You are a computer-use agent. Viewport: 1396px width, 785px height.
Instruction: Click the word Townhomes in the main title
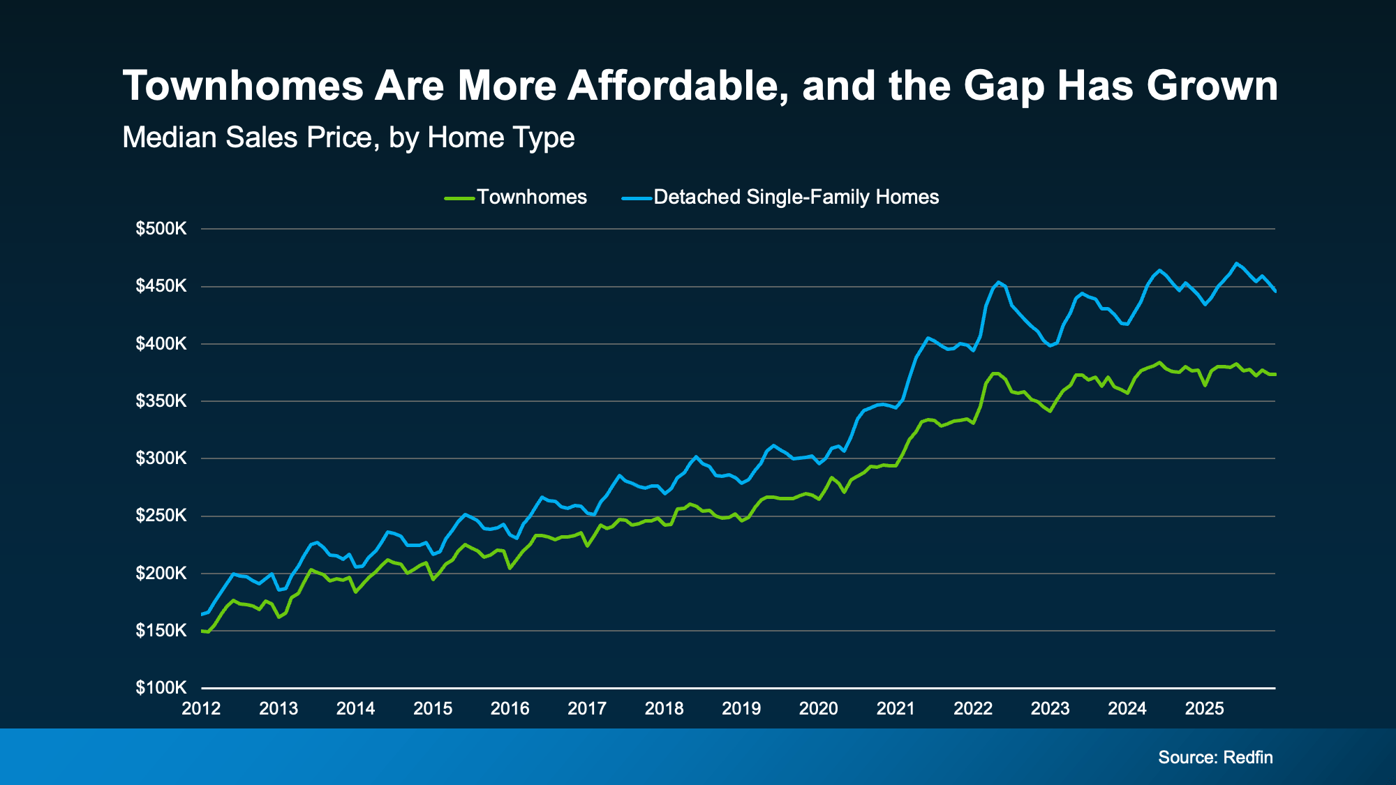(x=242, y=86)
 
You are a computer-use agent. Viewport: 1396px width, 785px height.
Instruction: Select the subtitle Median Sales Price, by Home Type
(x=348, y=137)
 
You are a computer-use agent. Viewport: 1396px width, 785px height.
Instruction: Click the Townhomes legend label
(x=531, y=197)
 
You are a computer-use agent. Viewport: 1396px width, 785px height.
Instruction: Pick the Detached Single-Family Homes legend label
(x=796, y=197)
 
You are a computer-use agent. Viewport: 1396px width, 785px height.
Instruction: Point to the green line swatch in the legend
(x=459, y=198)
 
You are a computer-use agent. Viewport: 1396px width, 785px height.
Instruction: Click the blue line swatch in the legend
(x=636, y=198)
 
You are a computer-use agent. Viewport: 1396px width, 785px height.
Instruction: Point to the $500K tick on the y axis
(x=161, y=229)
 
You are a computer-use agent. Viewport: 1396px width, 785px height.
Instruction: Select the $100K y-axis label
(x=161, y=688)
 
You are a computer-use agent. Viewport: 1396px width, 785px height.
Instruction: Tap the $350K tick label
(x=161, y=401)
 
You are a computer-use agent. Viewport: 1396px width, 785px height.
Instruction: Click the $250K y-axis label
(x=161, y=516)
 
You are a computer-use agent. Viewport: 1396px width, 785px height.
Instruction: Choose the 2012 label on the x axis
(x=201, y=709)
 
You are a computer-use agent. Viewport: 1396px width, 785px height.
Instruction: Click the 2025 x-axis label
(x=1204, y=709)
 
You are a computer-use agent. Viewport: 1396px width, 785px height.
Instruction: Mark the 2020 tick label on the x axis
(x=818, y=709)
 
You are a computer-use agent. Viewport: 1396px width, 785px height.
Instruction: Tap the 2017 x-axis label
(x=587, y=709)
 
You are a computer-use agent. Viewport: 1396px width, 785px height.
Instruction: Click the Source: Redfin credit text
(x=1215, y=758)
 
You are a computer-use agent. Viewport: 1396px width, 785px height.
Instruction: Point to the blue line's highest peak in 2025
(x=1236, y=263)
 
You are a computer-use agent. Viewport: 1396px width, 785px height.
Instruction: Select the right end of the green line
(x=1275, y=375)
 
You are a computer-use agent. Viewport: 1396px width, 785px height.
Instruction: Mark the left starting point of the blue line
(x=202, y=614)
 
